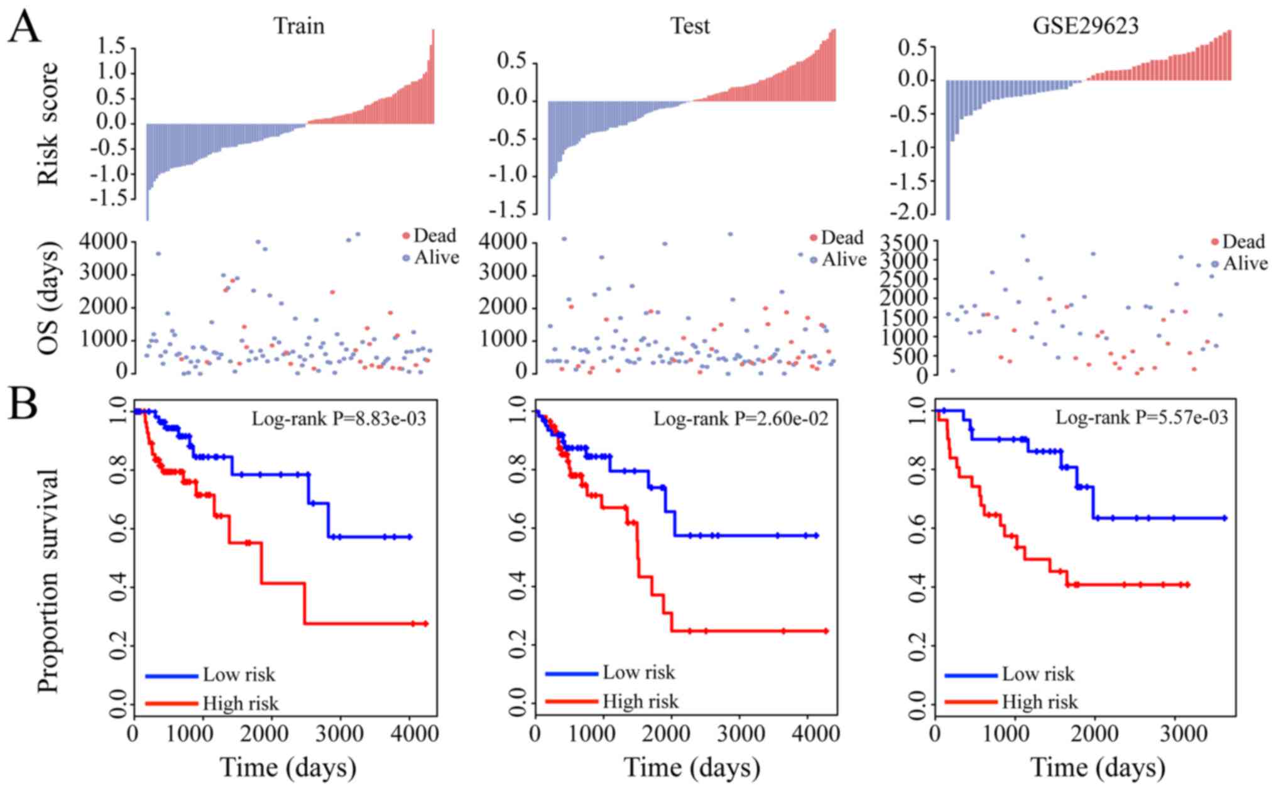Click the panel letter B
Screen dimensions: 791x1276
click(x=23, y=405)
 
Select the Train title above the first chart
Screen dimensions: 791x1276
click(x=298, y=26)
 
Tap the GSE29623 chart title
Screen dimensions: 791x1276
click(x=1085, y=26)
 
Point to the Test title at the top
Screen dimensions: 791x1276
click(x=690, y=26)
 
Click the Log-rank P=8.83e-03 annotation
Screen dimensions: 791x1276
click(x=339, y=418)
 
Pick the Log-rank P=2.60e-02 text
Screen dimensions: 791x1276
click(x=741, y=418)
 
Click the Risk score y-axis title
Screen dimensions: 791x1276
click(x=48, y=123)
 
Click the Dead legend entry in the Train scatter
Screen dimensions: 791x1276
click(x=434, y=236)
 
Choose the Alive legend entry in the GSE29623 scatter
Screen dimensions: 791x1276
click(x=1244, y=263)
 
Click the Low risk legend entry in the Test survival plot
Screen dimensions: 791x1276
click(x=638, y=672)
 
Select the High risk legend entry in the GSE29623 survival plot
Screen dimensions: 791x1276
click(x=1039, y=701)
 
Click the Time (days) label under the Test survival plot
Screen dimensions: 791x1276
click(x=691, y=767)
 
